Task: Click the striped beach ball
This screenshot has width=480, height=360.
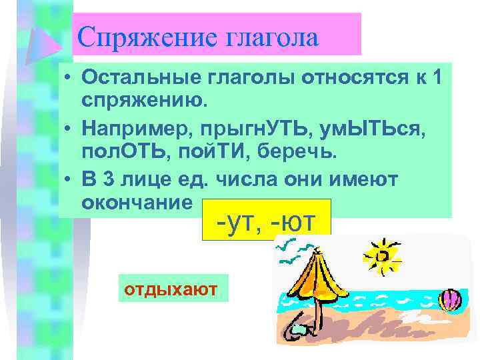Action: (x=451, y=299)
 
